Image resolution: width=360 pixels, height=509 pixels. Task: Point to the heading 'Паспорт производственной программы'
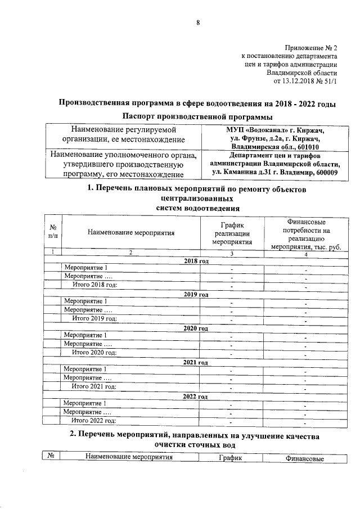[198, 116]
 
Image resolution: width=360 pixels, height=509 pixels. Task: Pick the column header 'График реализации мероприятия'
[231, 232]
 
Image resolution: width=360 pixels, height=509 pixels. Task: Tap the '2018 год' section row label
[196, 262]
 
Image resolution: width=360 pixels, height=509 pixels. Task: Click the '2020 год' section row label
[196, 328]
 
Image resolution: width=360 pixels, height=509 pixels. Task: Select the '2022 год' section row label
[196, 396]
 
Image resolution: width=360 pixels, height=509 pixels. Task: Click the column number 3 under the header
[231, 253]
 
